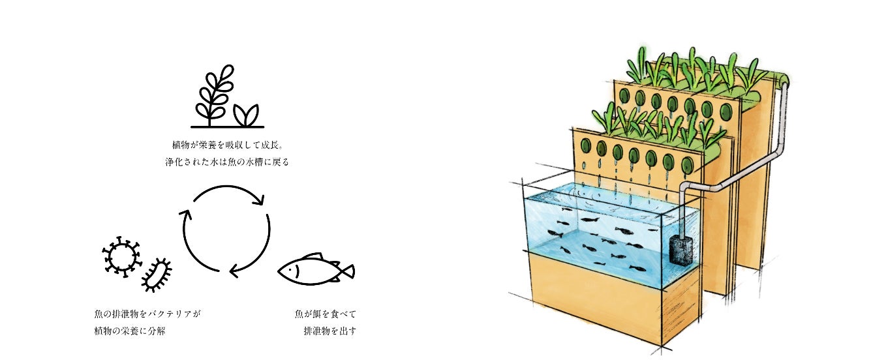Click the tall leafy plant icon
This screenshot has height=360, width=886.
click(212, 94)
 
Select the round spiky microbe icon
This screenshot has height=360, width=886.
click(121, 255)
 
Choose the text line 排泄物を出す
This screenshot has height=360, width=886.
click(330, 331)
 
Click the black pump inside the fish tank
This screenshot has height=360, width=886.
click(680, 250)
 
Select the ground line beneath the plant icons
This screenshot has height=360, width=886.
click(227, 126)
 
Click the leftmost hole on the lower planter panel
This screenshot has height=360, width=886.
click(585, 146)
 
